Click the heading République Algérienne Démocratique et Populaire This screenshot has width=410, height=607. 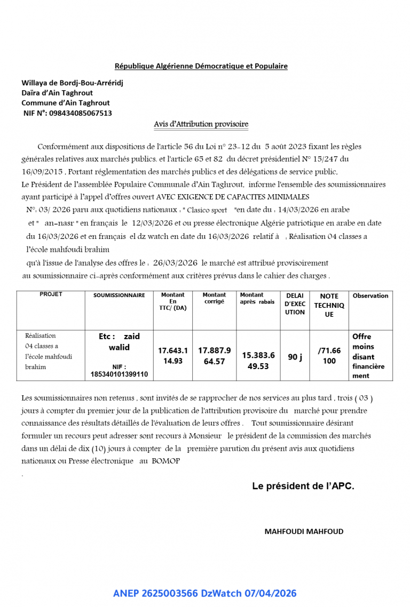click(x=201, y=66)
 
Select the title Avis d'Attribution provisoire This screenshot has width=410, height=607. click(x=201, y=124)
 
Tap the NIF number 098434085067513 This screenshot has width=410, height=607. click(x=80, y=113)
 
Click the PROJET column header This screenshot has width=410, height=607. click(x=51, y=294)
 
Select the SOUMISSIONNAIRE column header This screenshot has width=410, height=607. click(x=119, y=295)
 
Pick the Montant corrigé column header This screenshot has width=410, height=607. click(x=214, y=298)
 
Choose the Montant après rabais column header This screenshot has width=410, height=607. click(x=257, y=298)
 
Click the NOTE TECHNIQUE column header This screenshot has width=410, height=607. click(x=329, y=305)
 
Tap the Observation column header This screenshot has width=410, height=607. click(x=370, y=295)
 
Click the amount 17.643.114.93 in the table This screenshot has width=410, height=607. click(x=173, y=356)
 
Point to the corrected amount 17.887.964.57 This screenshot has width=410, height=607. click(x=214, y=356)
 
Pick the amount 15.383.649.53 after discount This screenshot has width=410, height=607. click(x=258, y=361)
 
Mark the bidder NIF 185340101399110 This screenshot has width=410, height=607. click(x=119, y=374)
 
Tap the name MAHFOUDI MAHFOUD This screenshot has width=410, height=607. click(x=304, y=531)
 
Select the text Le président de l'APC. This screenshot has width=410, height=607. click(x=303, y=486)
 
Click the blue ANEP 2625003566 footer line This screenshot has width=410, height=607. click(x=204, y=593)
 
